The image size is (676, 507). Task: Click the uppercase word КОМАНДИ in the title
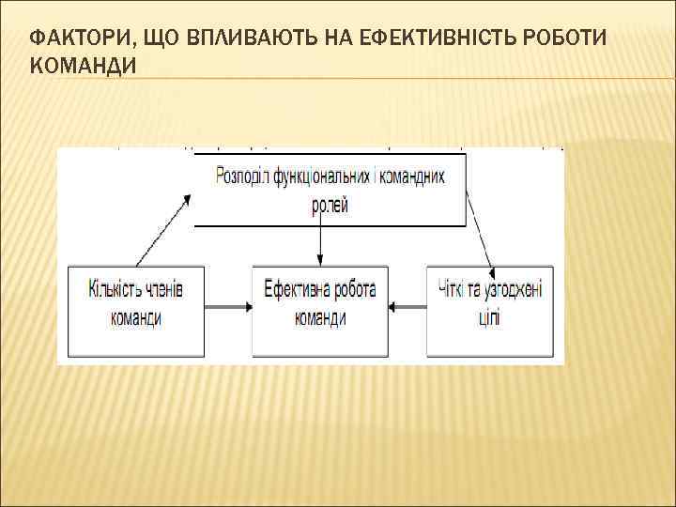[x=82, y=66]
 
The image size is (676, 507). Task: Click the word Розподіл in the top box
[x=243, y=176]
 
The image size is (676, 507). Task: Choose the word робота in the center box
[x=353, y=288]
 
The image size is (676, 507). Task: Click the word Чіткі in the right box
[x=453, y=288]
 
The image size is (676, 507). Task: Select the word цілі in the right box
[x=488, y=316]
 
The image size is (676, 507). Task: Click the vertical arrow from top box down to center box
[x=321, y=246]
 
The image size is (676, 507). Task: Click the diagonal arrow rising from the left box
[x=163, y=230]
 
